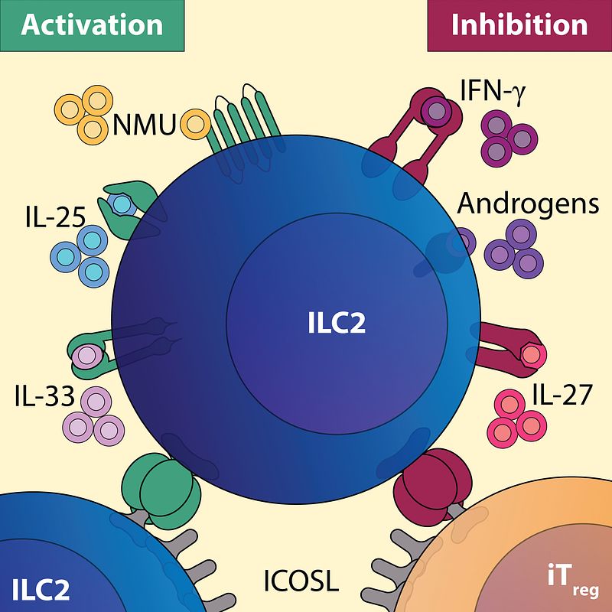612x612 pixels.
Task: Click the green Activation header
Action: tap(92, 24)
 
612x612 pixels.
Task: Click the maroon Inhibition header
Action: tap(519, 24)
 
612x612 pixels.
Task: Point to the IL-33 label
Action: tap(44, 397)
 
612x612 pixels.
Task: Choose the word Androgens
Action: tap(528, 204)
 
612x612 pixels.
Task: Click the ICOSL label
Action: tap(300, 581)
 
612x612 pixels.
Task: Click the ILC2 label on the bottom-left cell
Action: tap(41, 589)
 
